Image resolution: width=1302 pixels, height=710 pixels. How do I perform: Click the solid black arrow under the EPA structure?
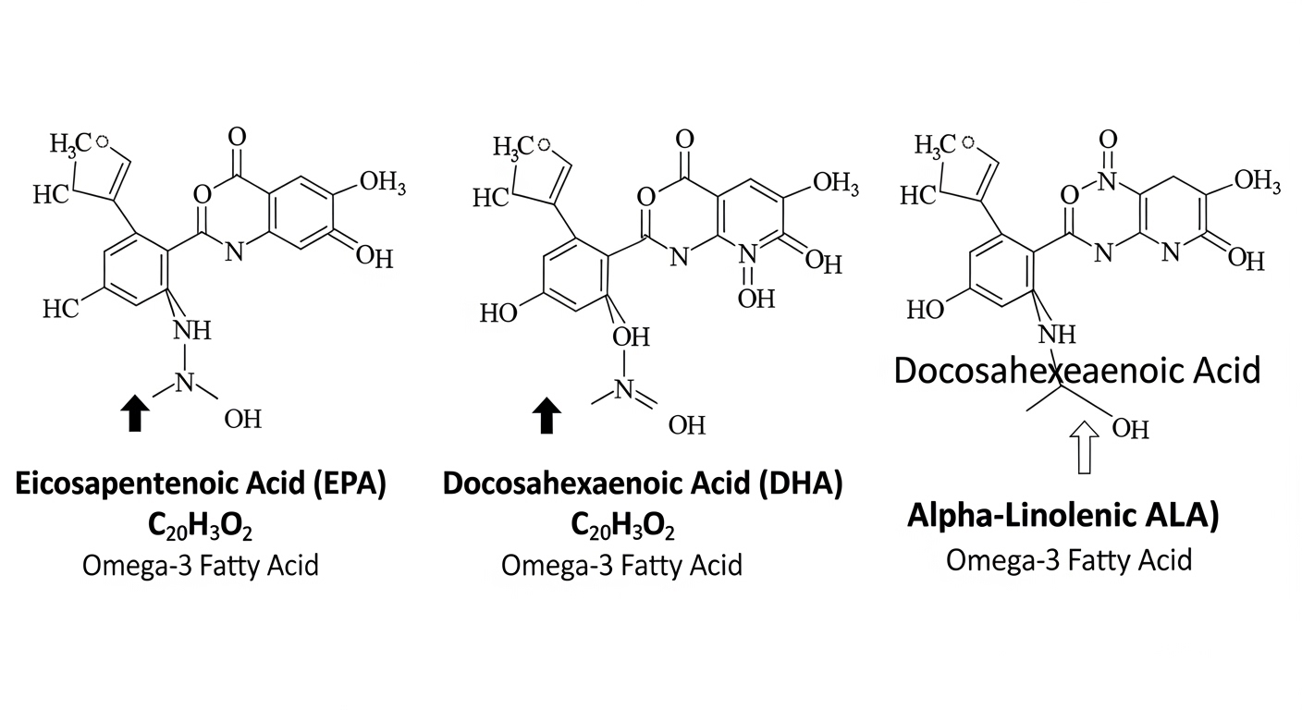pyautogui.click(x=135, y=413)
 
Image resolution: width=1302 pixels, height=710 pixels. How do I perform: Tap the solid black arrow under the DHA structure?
pyautogui.click(x=547, y=415)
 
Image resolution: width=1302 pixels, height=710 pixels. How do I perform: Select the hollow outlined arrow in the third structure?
pyautogui.click(x=1084, y=447)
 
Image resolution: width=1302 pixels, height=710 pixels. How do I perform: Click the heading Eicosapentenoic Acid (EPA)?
pyautogui.click(x=201, y=484)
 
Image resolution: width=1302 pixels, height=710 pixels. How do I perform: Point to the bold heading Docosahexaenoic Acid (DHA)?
pyautogui.click(x=643, y=484)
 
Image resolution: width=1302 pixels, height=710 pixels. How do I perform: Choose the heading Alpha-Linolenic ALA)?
pyautogui.click(x=1063, y=515)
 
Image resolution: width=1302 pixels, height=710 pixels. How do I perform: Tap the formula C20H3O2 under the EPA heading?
pyautogui.click(x=200, y=526)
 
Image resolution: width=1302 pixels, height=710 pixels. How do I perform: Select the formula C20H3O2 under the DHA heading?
pyautogui.click(x=622, y=526)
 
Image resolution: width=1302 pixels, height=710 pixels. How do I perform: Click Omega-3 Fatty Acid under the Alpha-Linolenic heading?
pyautogui.click(x=1069, y=560)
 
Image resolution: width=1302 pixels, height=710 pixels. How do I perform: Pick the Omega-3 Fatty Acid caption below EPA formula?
pyautogui.click(x=201, y=566)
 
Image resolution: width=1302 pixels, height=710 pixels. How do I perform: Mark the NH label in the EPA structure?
pyautogui.click(x=192, y=331)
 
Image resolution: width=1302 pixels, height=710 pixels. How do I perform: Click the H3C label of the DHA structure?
pyautogui.click(x=513, y=147)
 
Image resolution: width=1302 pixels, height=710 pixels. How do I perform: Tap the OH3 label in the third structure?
pyautogui.click(x=1258, y=180)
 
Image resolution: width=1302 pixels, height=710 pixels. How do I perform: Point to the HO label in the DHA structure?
pyautogui.click(x=498, y=313)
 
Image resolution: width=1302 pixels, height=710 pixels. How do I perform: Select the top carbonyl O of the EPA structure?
pyautogui.click(x=237, y=137)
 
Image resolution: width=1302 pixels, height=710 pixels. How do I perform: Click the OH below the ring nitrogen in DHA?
pyautogui.click(x=756, y=300)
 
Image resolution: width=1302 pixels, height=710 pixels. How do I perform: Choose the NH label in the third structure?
pyautogui.click(x=1057, y=335)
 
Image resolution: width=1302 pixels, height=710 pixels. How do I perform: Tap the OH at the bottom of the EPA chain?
pyautogui.click(x=243, y=420)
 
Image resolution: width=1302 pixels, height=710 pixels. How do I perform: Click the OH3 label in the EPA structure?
pyautogui.click(x=383, y=182)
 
